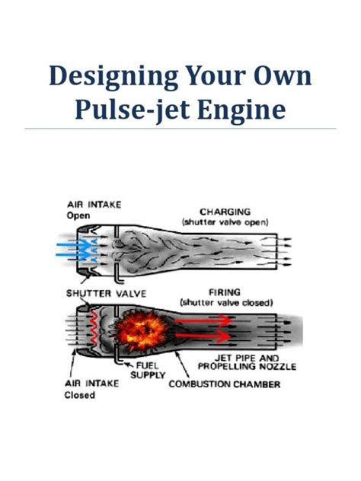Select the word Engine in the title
[x=244, y=111]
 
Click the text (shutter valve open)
[x=229, y=221]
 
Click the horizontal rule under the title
[x=180, y=129]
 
